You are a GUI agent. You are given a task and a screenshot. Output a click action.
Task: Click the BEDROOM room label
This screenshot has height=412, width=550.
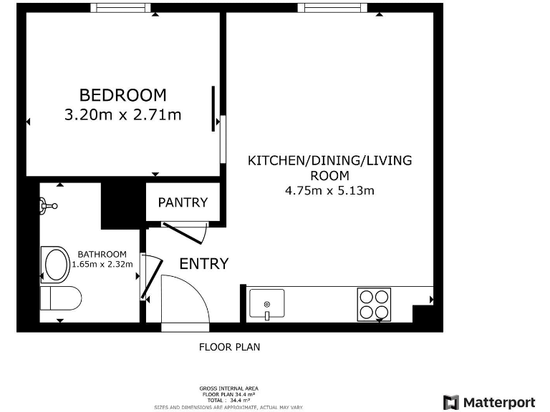(122, 94)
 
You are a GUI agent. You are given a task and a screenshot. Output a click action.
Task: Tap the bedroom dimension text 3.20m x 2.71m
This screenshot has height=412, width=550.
(122, 114)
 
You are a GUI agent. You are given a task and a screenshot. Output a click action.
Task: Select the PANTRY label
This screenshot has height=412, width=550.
(183, 202)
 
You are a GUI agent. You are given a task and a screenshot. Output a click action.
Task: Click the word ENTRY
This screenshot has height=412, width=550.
(204, 263)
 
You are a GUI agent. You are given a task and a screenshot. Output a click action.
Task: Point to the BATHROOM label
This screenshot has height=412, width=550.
(102, 254)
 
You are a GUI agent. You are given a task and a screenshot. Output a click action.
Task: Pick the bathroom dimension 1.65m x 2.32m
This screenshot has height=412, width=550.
(102, 264)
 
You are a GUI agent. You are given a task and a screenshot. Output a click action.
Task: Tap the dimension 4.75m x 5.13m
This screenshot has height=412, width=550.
(329, 190)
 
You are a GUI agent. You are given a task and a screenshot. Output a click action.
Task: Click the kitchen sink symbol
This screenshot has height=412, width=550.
(266, 304)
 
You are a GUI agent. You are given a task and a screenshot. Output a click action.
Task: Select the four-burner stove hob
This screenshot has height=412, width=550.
(374, 304)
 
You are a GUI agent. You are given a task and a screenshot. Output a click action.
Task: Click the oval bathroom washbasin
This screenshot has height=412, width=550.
(56, 264)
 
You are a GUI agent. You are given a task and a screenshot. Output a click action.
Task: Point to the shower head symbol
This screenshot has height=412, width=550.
(48, 206)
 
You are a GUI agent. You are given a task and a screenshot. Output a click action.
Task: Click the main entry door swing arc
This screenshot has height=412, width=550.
(185, 300)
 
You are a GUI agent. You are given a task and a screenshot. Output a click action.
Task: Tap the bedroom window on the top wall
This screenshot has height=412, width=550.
(120, 8)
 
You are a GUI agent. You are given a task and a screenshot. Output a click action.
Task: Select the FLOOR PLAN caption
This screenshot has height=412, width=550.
(229, 348)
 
